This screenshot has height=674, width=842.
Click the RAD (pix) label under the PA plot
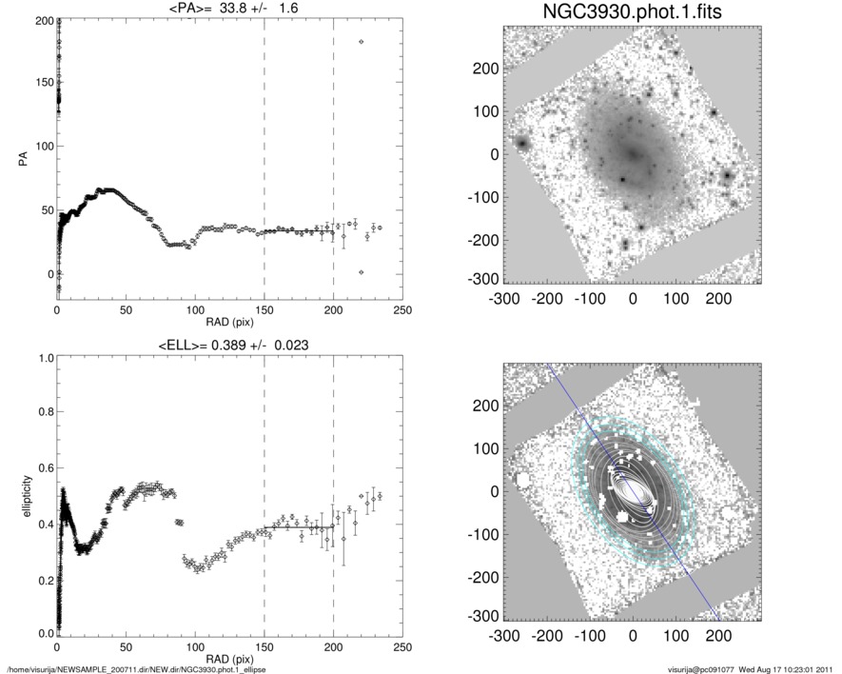229,323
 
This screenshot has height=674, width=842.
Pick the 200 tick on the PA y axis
42,20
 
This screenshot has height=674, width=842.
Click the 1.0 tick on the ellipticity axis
43,358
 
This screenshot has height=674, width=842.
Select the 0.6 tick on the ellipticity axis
43,468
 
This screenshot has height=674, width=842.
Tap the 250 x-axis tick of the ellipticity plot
401,648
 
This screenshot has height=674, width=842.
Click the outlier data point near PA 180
361,42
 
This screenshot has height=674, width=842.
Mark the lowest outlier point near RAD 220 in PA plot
361,273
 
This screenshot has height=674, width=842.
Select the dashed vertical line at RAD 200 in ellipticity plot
333,495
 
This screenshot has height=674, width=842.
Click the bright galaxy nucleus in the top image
632,152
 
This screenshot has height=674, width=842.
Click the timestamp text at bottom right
752,667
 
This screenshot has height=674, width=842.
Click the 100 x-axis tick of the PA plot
195,310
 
